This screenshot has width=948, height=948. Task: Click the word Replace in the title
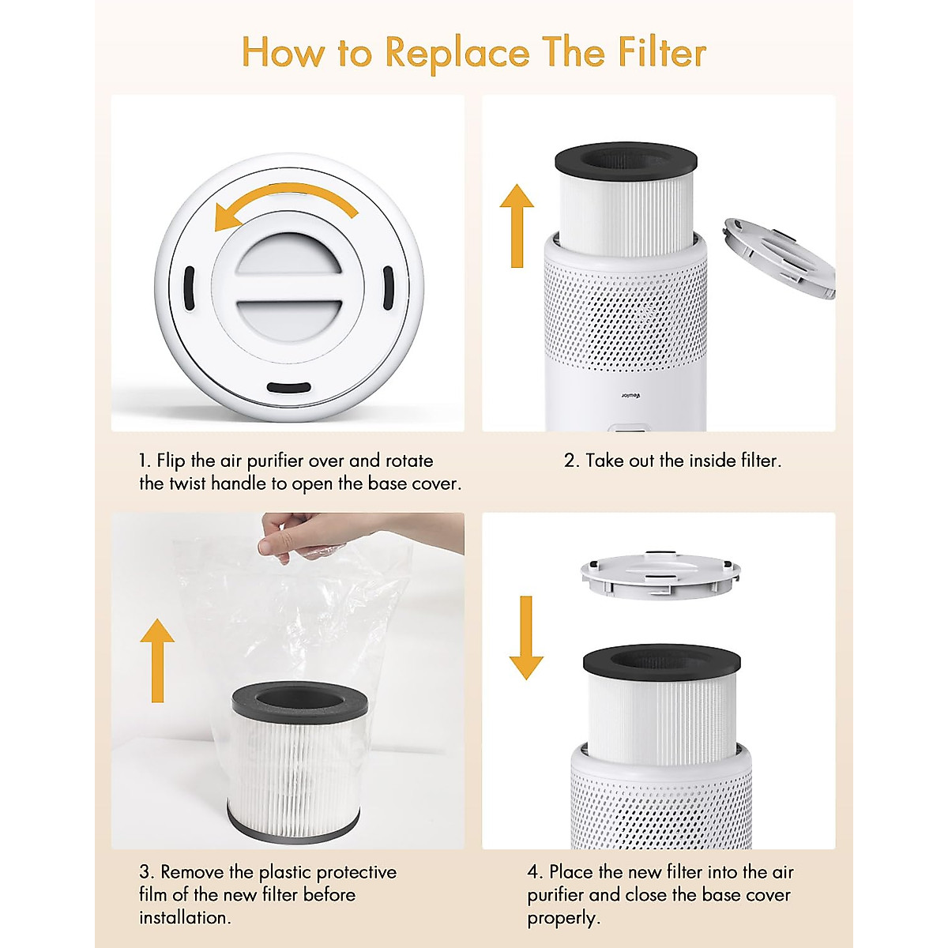(457, 53)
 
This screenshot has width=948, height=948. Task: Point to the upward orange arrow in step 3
(157, 659)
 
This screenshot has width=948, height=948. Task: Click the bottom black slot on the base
(288, 388)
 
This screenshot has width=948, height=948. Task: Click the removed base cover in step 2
(778, 261)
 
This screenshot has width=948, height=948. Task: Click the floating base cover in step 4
(660, 575)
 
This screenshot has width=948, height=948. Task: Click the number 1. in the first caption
(145, 461)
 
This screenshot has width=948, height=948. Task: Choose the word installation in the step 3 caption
(183, 917)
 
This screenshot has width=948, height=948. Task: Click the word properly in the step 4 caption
(562, 918)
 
